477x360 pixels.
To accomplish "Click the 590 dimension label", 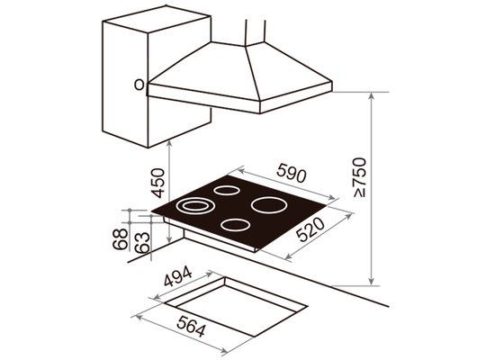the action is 291,173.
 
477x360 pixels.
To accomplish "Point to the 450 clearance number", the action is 157,184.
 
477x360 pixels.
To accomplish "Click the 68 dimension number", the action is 120,238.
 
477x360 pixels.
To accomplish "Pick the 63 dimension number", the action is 142,243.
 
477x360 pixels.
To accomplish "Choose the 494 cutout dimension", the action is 178,276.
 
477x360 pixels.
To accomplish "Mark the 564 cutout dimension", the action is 191,326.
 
